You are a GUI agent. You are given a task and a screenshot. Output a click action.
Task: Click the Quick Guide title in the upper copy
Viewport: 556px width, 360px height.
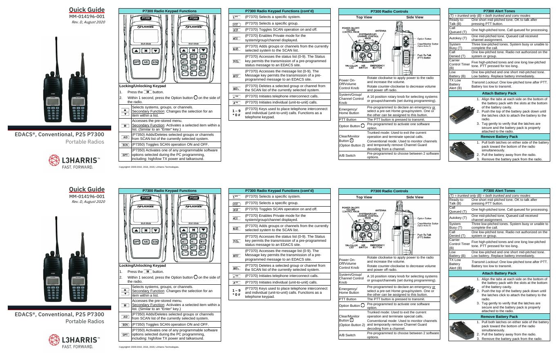87,10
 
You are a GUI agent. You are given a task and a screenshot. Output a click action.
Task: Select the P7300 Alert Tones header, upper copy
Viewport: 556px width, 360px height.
499,11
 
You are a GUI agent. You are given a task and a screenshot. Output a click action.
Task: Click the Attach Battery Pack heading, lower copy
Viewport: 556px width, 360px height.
499,273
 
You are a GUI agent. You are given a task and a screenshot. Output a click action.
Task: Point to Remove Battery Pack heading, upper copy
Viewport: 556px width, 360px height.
499,137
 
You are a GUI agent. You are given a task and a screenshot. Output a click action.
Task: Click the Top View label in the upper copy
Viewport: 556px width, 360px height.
364,17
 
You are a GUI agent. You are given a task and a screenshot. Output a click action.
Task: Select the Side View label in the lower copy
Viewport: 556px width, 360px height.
415,197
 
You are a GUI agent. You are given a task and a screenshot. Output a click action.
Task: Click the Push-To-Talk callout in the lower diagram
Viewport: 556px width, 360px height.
424,236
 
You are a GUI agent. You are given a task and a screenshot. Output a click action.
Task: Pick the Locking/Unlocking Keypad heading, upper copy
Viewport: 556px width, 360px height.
142,86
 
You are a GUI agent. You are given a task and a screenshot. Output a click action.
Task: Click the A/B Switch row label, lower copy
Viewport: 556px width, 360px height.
347,335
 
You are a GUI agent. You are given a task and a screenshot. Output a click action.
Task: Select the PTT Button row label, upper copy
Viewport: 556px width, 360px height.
348,119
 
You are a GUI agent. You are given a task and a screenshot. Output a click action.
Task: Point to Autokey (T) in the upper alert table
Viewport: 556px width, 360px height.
458,38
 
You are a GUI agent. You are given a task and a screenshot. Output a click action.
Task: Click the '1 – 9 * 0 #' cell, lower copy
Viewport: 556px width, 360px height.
236,292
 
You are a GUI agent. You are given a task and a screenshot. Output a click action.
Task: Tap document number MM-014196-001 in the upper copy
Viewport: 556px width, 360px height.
87,17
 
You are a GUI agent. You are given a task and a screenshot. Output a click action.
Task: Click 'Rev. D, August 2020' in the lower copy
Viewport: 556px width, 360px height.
88,201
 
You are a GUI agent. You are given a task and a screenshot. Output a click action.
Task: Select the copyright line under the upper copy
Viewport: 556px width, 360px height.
149,167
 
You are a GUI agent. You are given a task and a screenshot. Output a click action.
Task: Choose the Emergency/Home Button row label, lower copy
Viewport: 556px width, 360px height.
349,290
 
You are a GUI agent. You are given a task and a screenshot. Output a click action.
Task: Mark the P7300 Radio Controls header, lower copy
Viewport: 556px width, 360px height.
389,191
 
